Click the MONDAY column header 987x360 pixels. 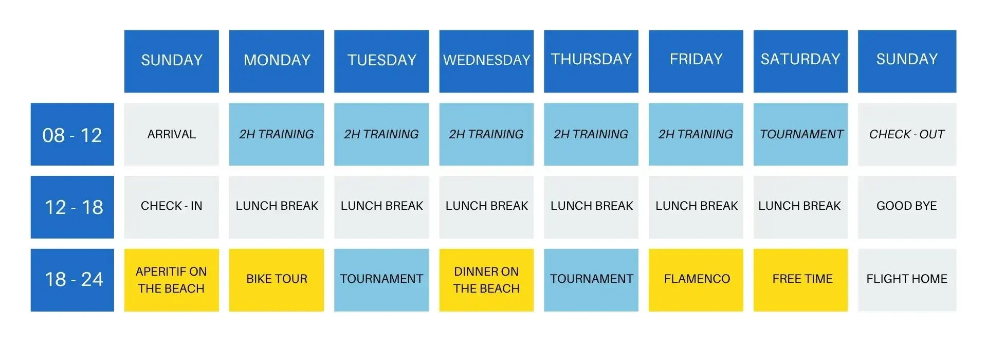[x=277, y=61]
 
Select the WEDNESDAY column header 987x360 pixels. [x=486, y=61]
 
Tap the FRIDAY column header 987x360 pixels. [x=696, y=61]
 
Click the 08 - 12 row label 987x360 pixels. [x=72, y=134]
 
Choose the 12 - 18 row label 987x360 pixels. [x=72, y=207]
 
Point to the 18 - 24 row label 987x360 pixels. [x=72, y=280]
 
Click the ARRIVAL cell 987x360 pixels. [x=172, y=134]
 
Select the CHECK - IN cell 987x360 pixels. [x=172, y=207]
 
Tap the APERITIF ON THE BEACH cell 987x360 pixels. [x=172, y=280]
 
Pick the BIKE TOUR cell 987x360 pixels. [x=277, y=280]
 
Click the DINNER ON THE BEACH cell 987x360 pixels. [x=486, y=280]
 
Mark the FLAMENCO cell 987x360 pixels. [x=696, y=280]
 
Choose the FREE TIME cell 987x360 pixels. [x=800, y=280]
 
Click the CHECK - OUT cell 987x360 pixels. [x=907, y=134]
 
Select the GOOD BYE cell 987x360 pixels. [x=907, y=207]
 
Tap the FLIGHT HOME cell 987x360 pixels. [x=907, y=280]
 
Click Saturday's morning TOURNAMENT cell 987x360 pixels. [x=800, y=134]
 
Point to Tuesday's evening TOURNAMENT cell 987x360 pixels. [x=381, y=280]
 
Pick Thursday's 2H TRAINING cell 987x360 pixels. [x=591, y=134]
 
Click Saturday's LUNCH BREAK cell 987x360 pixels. [x=800, y=207]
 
